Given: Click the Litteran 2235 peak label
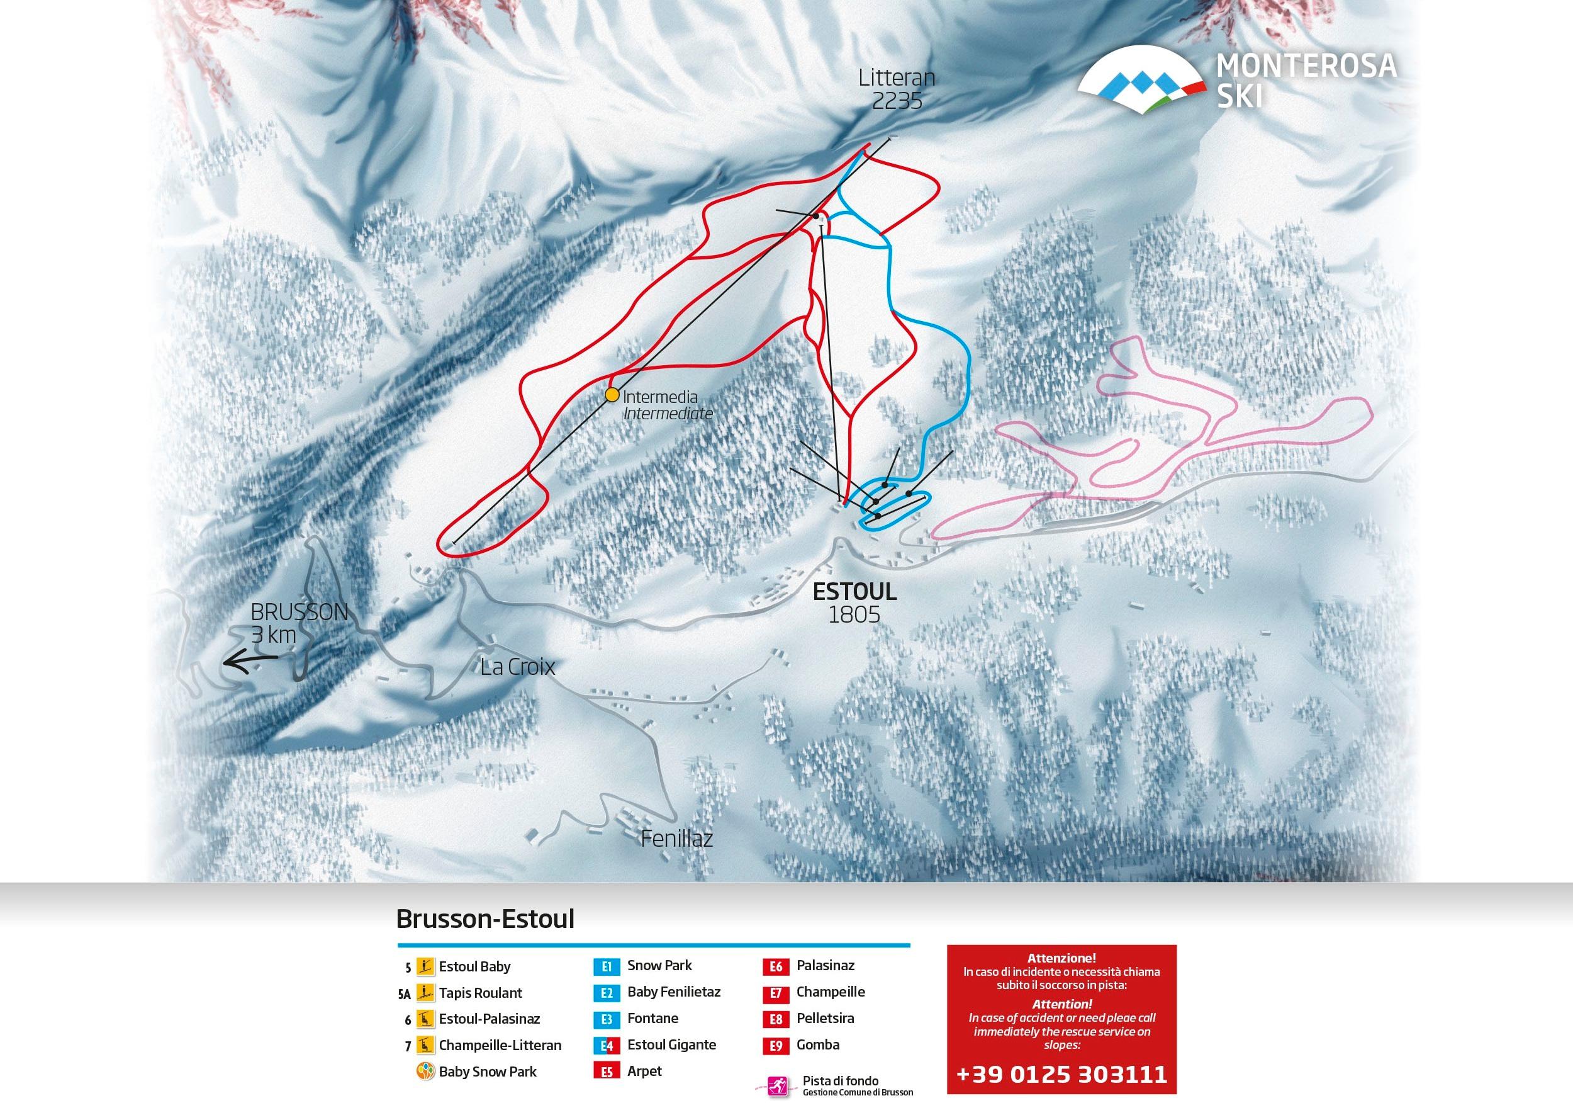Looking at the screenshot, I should pos(890,89).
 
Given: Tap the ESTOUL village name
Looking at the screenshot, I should pos(854,592).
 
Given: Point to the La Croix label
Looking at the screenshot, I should pos(518,667).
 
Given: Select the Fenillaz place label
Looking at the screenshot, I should pos(676,839).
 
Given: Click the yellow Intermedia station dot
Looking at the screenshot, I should pos(612,395).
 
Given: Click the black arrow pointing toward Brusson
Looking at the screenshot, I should pos(250,663).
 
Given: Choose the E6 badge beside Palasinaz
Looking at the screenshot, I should pos(775,967).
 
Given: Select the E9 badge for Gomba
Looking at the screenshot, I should pos(775,1046).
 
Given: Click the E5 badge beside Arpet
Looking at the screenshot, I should pos(607,1072).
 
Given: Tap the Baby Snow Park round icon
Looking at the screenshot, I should pos(425,1072).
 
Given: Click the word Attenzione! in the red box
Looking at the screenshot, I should pos(1061,958).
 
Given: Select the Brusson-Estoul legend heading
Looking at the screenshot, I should pos(485,919).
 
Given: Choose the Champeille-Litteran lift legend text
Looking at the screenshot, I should pos(500,1046).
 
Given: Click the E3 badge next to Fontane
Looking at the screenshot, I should pos(607,1019).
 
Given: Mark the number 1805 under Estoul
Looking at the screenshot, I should pos(854,615).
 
